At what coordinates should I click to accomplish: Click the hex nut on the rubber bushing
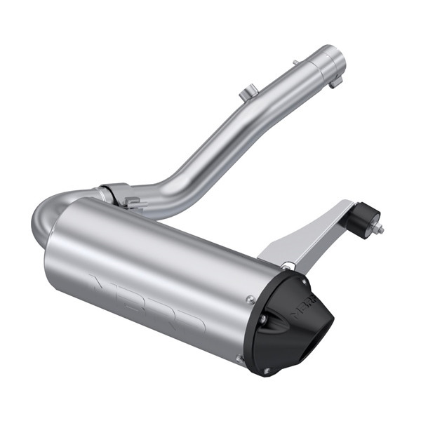[380, 228]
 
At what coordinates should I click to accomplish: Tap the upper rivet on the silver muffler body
[250, 300]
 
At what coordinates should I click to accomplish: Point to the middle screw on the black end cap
[262, 319]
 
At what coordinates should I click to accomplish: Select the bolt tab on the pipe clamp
[131, 203]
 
